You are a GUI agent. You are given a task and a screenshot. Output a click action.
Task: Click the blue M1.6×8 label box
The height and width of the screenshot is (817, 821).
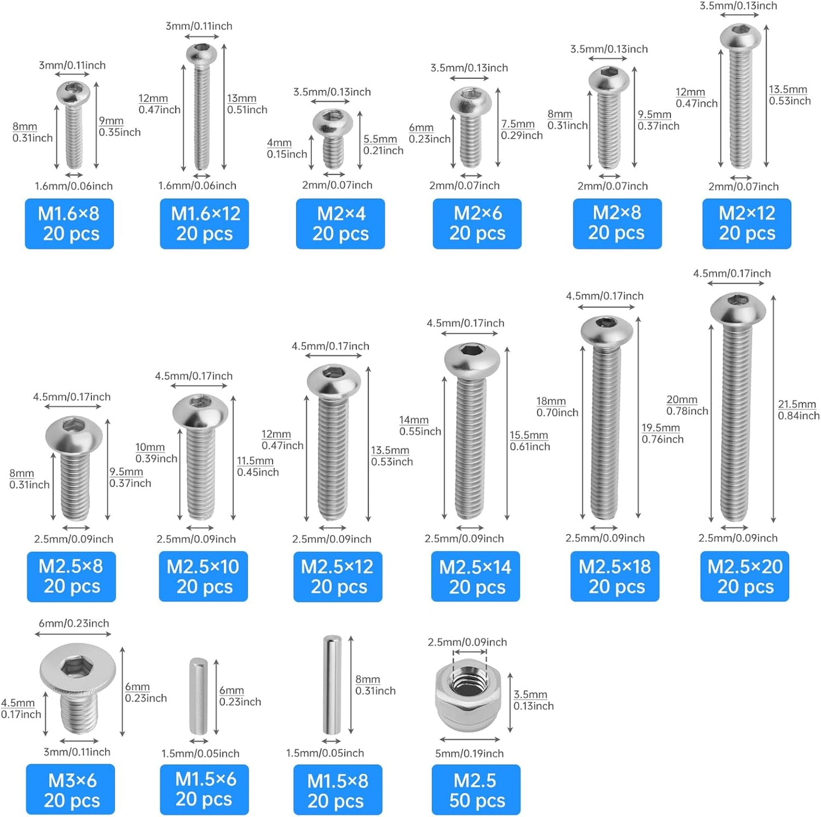[x=69, y=224]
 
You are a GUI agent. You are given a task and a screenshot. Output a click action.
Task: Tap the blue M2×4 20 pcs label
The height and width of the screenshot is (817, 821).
[x=340, y=224]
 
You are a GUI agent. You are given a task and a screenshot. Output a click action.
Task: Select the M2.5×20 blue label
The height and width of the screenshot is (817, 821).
[x=745, y=576]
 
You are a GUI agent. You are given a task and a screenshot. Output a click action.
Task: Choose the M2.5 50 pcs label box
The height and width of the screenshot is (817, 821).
[x=476, y=790]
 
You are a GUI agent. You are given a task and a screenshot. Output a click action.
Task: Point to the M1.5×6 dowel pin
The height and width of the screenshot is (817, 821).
[x=198, y=697]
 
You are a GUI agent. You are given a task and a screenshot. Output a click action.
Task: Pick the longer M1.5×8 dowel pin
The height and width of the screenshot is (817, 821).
[x=332, y=685]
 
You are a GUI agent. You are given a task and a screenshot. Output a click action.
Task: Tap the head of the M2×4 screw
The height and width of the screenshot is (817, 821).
[x=333, y=122]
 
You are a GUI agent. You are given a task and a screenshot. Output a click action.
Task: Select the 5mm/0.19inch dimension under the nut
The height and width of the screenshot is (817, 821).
[x=469, y=753]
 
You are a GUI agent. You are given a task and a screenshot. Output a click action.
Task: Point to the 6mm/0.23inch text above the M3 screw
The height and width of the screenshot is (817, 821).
[x=74, y=623]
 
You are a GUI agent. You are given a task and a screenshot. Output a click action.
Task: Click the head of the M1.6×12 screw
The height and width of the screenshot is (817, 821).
[x=202, y=55]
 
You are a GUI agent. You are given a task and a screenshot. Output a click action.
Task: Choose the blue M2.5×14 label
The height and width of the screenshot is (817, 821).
[x=476, y=576]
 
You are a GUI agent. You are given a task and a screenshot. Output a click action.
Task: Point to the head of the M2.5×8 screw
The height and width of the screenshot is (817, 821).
[x=74, y=434]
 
